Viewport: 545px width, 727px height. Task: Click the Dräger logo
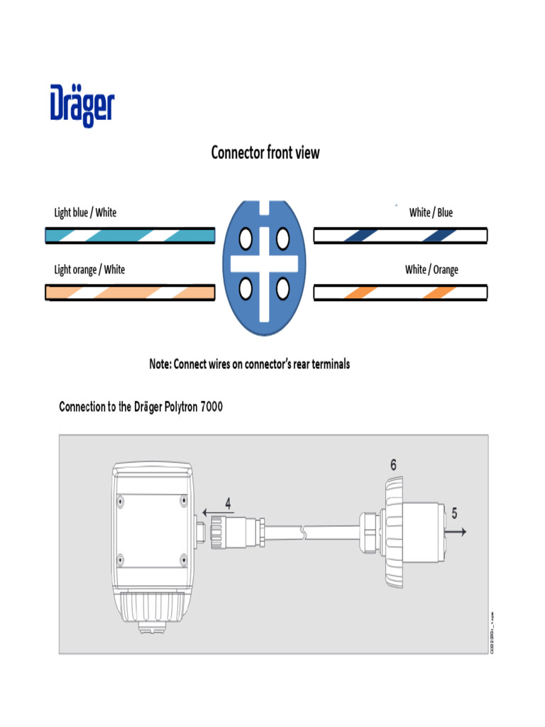click(x=82, y=106)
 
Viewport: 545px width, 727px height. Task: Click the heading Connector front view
click(x=265, y=153)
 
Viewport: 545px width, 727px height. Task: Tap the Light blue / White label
click(x=85, y=212)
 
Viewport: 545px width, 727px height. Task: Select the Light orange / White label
click(x=89, y=269)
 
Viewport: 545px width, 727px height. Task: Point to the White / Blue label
click(x=431, y=212)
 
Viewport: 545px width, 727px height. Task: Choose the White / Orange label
click(x=431, y=270)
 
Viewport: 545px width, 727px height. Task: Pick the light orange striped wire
click(x=130, y=293)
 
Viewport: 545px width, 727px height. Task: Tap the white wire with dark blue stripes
click(x=400, y=236)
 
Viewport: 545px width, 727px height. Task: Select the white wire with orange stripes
click(x=400, y=292)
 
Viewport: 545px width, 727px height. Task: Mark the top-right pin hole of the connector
click(x=282, y=239)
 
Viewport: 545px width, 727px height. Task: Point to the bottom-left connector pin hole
click(x=246, y=288)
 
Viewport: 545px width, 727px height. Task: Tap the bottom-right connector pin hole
click(x=282, y=288)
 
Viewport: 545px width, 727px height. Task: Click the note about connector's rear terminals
click(x=249, y=364)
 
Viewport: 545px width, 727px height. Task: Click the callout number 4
click(x=228, y=503)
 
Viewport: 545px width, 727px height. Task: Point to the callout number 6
click(x=393, y=465)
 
